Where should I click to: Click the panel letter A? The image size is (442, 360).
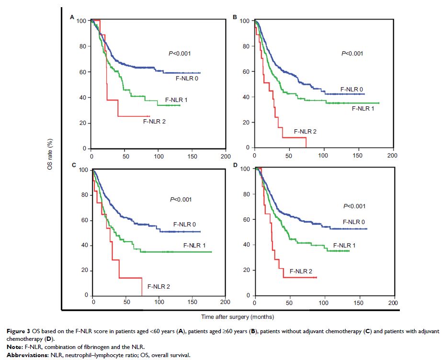click(72, 17)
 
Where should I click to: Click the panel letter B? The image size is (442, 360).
click(235, 17)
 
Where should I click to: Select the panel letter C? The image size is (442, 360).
click(74, 165)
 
